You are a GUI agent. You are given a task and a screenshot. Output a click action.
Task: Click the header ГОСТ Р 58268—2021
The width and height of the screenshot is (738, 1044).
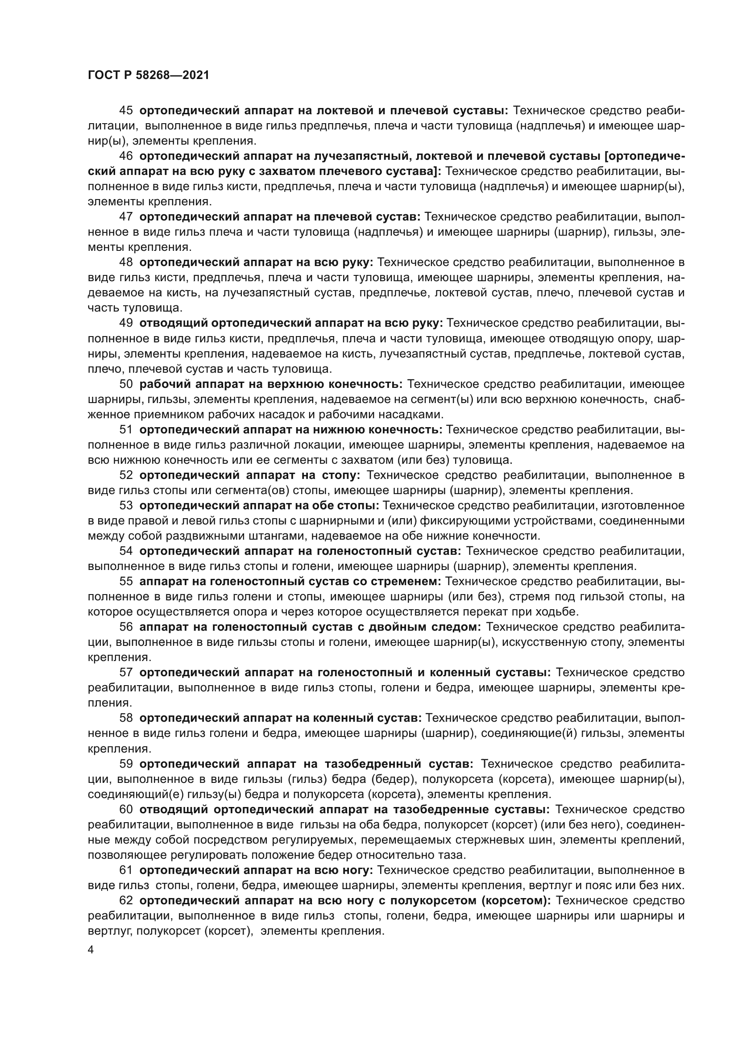pyautogui.click(x=148, y=75)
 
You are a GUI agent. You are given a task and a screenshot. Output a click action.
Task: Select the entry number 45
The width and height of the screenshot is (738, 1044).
pyautogui.click(x=126, y=111)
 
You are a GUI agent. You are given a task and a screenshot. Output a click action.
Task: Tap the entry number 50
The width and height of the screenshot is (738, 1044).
pyautogui.click(x=126, y=384)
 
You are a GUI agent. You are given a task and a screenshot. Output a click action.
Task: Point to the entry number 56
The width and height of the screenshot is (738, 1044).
pyautogui.click(x=126, y=627)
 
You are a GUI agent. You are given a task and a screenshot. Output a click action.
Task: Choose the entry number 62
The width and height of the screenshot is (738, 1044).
pyautogui.click(x=126, y=901)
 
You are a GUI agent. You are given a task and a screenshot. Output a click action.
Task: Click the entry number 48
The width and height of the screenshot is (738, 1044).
pyautogui.click(x=126, y=262)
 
